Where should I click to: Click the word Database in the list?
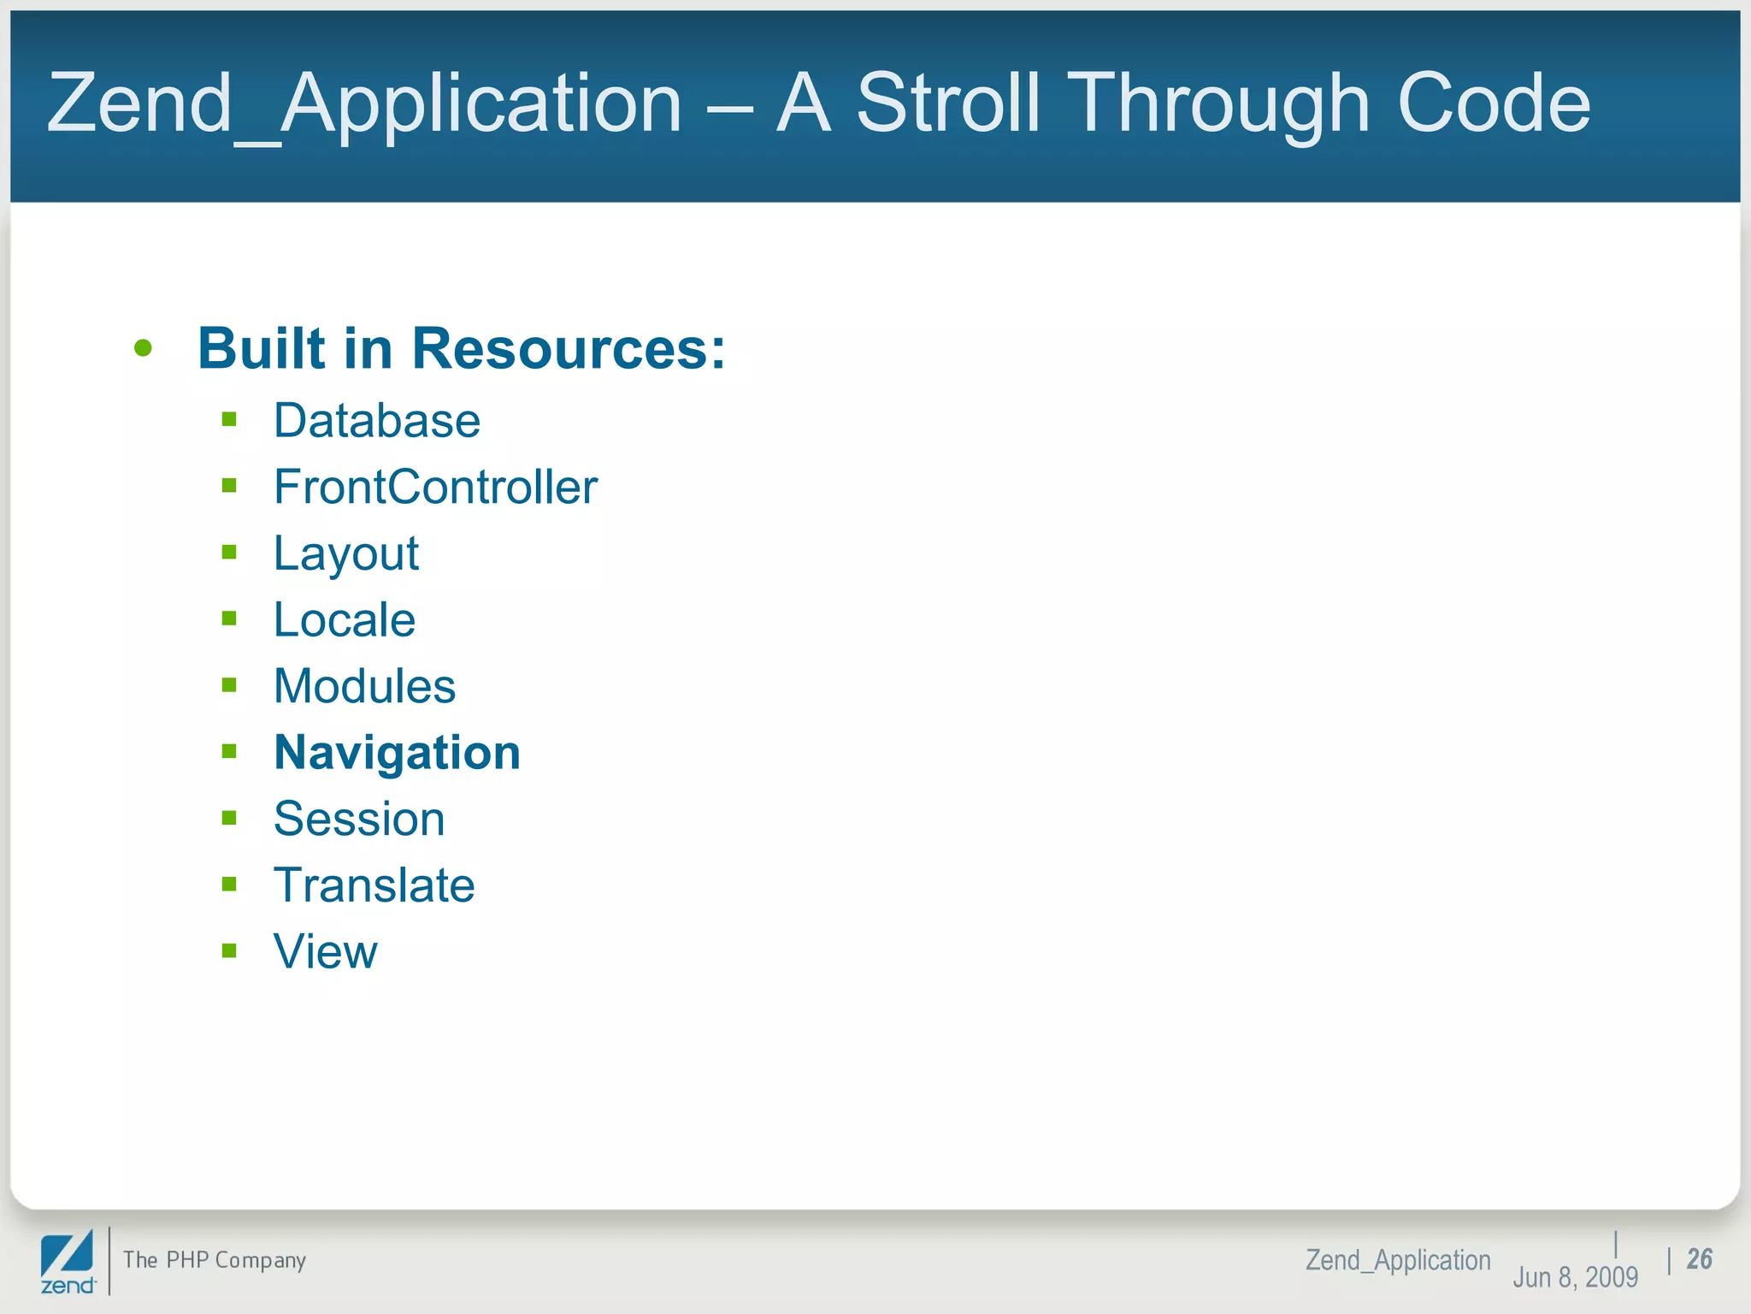[x=377, y=421]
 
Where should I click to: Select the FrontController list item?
[x=435, y=488]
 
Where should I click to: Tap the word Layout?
[x=345, y=553]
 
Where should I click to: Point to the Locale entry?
[x=344, y=620]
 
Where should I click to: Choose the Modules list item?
[x=364, y=686]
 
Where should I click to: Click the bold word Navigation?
[x=397, y=753]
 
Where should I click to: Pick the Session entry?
[x=359, y=819]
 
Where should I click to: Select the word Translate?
[x=374, y=885]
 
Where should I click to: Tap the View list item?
[x=325, y=951]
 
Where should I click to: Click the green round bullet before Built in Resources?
[x=144, y=348]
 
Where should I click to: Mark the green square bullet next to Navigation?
[x=229, y=752]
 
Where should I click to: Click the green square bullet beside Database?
[x=229, y=419]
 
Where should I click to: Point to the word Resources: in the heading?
[x=569, y=349]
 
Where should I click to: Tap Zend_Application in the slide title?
[x=364, y=104]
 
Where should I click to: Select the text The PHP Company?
[x=215, y=1260]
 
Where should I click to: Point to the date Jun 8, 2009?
[x=1575, y=1277]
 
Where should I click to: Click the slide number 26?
[x=1699, y=1258]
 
